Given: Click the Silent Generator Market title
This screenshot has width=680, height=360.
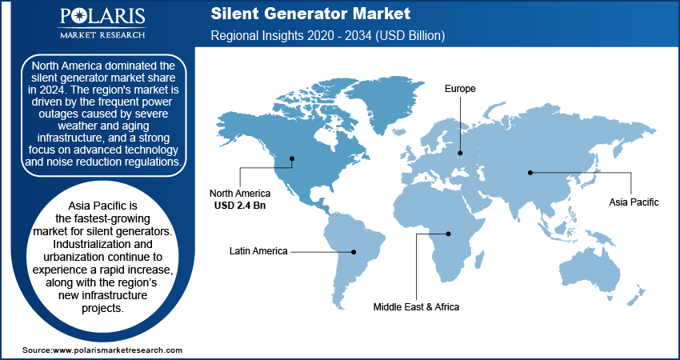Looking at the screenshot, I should pos(311,14).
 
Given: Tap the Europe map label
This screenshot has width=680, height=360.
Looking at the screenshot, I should pos(460,89).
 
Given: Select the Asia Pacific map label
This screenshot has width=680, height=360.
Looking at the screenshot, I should pos(633,202).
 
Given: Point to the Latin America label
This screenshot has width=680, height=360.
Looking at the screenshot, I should pos(258,251).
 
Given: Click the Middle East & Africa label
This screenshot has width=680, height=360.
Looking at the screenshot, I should pos(416,306).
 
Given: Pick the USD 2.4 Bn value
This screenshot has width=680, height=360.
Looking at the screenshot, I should pos(240,205).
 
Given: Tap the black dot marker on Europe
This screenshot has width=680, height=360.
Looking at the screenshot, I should pos(460,152).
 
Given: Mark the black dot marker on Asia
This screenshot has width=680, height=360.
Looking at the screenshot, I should pos(530,171).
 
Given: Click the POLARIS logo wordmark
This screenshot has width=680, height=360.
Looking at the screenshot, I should pos(102,18).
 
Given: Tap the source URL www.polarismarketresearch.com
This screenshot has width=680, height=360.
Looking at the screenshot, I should pos(117,350).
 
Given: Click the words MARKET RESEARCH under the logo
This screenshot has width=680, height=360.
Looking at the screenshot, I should pos(102,34).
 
